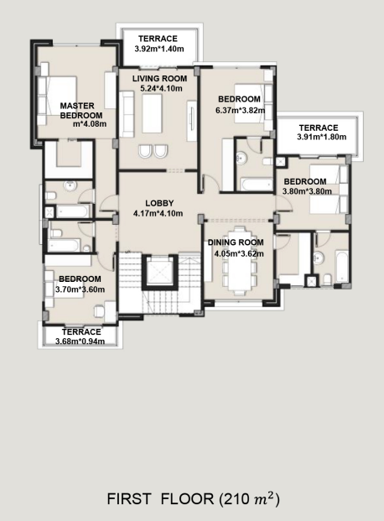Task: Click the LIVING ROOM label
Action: pos(159,79)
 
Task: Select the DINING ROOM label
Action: pos(236,242)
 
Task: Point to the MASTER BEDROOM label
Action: pos(81,111)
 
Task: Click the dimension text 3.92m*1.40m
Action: pos(159,49)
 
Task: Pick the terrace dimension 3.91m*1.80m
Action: pos(322,137)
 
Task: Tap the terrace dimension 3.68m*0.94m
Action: pos(80,341)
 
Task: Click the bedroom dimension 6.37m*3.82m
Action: pos(240,110)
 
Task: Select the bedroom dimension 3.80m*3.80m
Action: pos(307,191)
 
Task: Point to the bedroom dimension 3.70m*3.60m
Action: pos(80,289)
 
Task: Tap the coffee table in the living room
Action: pos(153,113)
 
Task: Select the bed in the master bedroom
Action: pos(57,101)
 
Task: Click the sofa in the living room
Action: pos(127,114)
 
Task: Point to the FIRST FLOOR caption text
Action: pos(160,499)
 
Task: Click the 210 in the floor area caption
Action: pos(238,499)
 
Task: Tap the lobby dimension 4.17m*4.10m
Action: pos(158,213)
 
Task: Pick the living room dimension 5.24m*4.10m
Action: pos(162,88)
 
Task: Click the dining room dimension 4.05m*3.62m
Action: pos(239,254)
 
